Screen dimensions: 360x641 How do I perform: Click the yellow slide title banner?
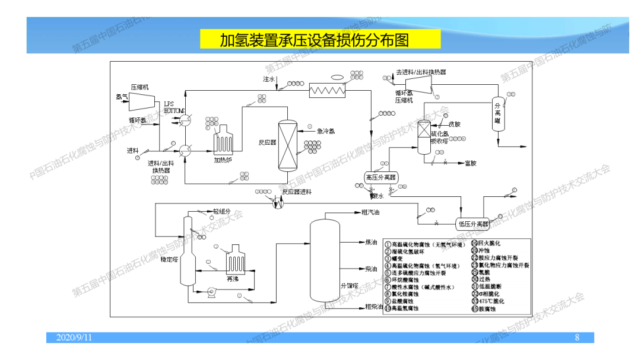pos(320,39)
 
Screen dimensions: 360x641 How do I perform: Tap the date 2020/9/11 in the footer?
pos(74,337)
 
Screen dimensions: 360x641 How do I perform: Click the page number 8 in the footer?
pos(576,337)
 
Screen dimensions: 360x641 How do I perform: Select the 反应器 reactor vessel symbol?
pos(287,145)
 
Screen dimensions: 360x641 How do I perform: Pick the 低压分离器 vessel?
pos(472,224)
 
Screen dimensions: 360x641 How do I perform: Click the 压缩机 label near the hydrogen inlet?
pos(139,87)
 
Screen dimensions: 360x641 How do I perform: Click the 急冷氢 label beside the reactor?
pos(326,131)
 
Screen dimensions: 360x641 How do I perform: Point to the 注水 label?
pos(269,78)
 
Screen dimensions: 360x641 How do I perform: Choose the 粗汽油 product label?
pos(370,212)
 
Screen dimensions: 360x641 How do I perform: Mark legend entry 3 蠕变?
pos(396,259)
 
